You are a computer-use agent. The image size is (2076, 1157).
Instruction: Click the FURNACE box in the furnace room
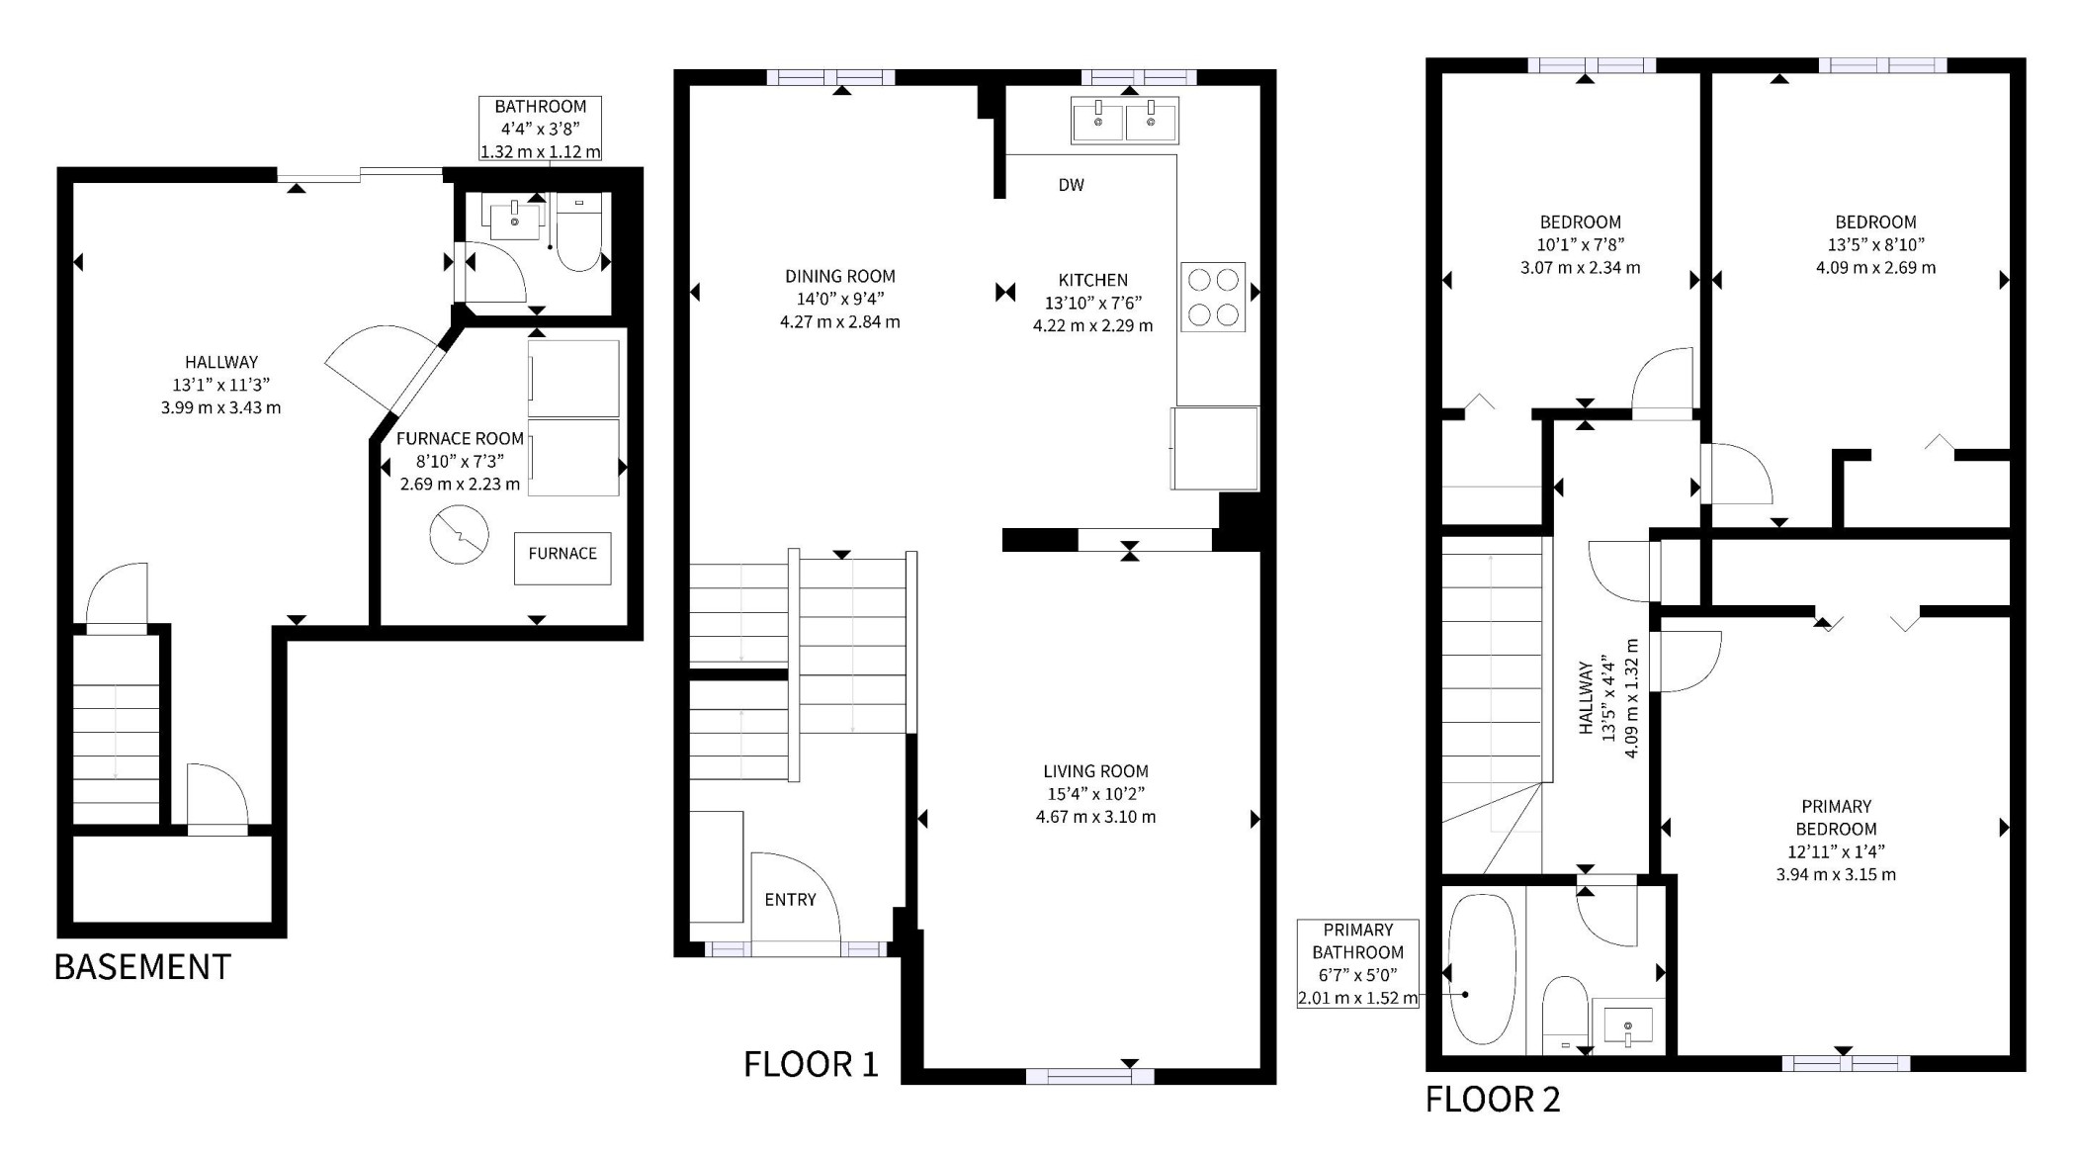pyautogui.click(x=562, y=559)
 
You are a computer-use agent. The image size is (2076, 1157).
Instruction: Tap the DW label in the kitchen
pyautogui.click(x=1072, y=185)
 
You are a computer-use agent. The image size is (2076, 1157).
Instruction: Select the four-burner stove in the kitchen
pyautogui.click(x=1213, y=297)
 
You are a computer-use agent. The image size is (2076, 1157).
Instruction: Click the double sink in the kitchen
pyautogui.click(x=1125, y=120)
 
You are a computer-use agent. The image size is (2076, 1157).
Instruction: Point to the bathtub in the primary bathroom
pyautogui.click(x=1482, y=969)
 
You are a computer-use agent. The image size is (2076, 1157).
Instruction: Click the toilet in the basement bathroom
pyautogui.click(x=579, y=231)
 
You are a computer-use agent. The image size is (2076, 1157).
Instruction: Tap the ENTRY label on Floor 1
pyautogui.click(x=791, y=900)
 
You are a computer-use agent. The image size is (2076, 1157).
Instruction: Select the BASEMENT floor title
pyautogui.click(x=142, y=967)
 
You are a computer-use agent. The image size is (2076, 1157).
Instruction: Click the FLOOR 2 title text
pyautogui.click(x=1493, y=1100)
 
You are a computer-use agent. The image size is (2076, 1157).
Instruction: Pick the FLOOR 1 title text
pyautogui.click(x=811, y=1064)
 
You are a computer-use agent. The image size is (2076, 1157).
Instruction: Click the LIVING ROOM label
pyautogui.click(x=1096, y=771)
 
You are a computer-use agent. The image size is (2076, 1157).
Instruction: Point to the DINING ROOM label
pyautogui.click(x=840, y=277)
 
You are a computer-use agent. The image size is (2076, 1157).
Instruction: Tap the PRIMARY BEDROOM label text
pyautogui.click(x=1837, y=818)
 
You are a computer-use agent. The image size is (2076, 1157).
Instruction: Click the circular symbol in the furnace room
pyautogui.click(x=460, y=534)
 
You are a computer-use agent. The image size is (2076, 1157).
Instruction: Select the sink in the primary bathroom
pyautogui.click(x=1628, y=1026)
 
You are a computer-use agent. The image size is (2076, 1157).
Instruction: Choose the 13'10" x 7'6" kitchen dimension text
pyautogui.click(x=1093, y=304)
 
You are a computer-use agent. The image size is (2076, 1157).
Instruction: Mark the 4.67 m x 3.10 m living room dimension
pyautogui.click(x=1096, y=818)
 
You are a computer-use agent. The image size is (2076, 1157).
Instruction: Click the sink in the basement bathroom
pyautogui.click(x=515, y=217)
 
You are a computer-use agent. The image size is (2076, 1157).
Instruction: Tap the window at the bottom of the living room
pyautogui.click(x=1090, y=1077)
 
